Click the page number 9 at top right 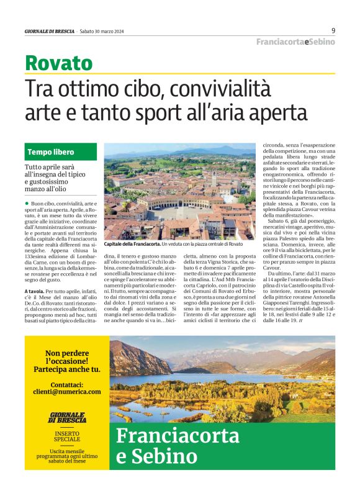tap(333, 30)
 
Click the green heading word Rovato tap(58, 63)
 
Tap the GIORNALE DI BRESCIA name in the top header tap(49, 31)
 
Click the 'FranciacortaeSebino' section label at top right tap(296, 42)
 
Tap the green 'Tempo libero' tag tap(50, 152)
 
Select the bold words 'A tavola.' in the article tap(34, 292)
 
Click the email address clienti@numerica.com tap(68, 392)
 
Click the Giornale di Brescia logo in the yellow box tap(67, 418)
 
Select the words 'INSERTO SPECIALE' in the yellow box tap(67, 435)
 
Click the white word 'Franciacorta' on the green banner tap(178, 436)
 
